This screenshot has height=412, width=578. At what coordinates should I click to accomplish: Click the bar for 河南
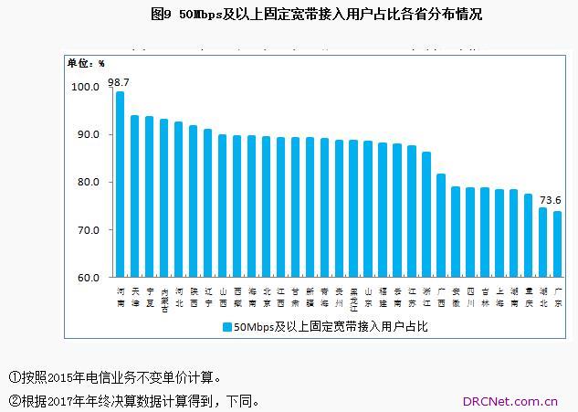(120, 183)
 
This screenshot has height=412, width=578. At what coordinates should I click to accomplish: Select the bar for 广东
(558, 243)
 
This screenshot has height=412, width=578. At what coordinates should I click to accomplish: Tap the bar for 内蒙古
(163, 197)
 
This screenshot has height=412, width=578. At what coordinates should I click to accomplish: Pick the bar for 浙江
(426, 214)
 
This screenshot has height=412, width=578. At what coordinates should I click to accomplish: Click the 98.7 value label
(118, 82)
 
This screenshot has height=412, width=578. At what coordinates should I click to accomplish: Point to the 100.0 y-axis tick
(85, 87)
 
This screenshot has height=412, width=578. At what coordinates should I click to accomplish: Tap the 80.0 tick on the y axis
(88, 182)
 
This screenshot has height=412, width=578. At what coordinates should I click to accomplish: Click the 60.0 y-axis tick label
(88, 277)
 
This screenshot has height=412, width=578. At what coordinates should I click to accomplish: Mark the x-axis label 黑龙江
(353, 301)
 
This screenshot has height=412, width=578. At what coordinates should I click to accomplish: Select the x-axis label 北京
(266, 296)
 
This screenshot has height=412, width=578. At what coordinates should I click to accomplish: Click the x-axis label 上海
(499, 296)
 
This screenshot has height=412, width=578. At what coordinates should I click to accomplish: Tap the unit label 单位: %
(86, 63)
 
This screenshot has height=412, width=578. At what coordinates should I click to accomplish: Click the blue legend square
(226, 326)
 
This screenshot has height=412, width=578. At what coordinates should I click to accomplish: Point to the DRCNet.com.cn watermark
(511, 400)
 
